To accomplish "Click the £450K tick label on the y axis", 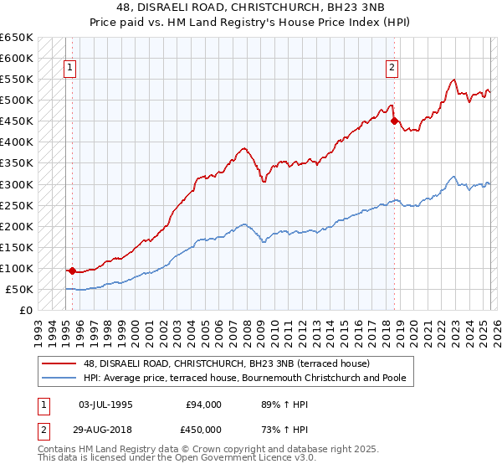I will coord(16,121).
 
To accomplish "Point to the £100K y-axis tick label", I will coord(16,268).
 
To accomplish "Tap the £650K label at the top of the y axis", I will coord(16,38).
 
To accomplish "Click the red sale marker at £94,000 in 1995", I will coord(72,271).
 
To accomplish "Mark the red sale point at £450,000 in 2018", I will coord(394,121).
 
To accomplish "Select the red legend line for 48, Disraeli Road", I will coord(59,363).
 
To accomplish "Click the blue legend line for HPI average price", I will coord(59,378).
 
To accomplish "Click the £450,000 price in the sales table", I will coord(205,430).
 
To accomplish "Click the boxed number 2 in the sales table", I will coord(43,430).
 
